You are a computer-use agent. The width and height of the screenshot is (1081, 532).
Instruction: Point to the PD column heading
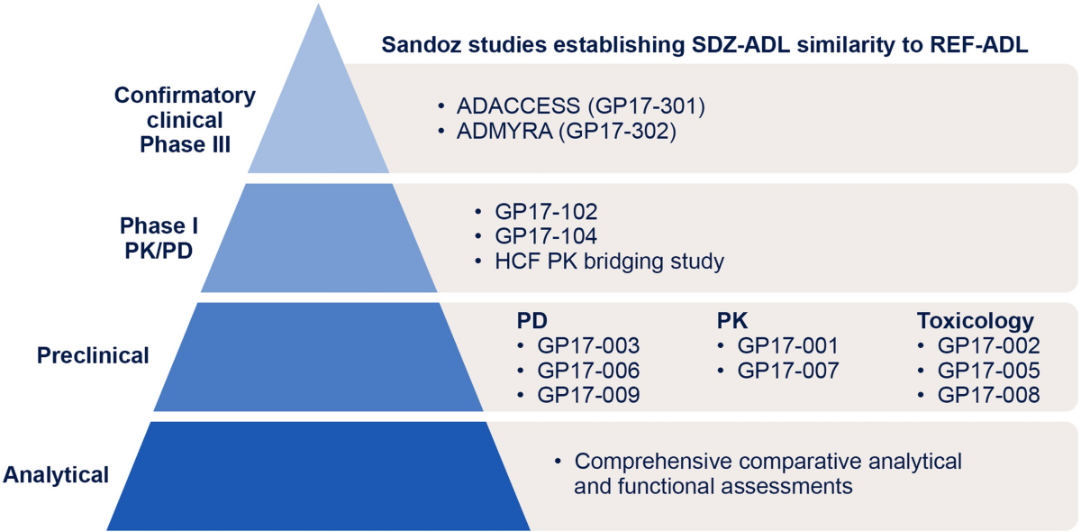(531, 321)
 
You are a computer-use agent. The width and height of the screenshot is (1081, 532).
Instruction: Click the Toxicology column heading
(975, 321)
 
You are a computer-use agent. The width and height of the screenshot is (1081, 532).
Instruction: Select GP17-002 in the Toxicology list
(988, 345)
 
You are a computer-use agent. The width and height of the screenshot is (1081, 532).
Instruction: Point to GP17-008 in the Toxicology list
(988, 395)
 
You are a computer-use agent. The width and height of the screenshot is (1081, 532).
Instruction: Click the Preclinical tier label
(93, 355)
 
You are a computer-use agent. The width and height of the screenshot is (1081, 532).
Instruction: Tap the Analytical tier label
(56, 474)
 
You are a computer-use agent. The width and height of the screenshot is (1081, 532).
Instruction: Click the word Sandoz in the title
(420, 45)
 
